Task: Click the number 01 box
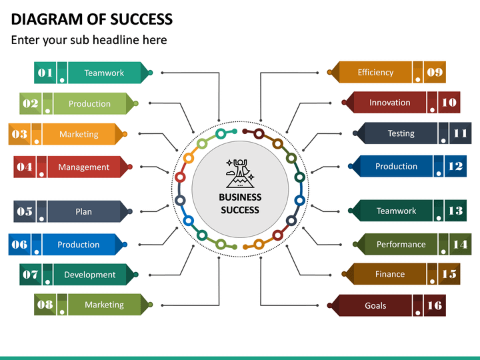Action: pos(45,73)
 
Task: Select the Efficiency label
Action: pos(375,72)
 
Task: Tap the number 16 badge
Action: pos(435,305)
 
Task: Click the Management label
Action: pos(83,167)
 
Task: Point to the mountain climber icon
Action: pos(240,173)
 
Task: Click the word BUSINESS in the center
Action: pos(240,197)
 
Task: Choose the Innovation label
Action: pos(390,103)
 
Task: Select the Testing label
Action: pos(401,133)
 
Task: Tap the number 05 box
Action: pos(25,211)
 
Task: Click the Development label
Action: pos(90,275)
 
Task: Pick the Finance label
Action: pos(390,274)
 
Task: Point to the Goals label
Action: pos(375,305)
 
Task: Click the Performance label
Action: pos(401,244)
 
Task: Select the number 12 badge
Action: pos(455,166)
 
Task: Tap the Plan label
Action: pos(83,211)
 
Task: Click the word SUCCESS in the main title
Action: pos(141,19)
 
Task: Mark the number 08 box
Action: pos(45,305)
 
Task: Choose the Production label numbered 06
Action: pos(79,245)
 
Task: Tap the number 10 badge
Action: pos(449,102)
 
